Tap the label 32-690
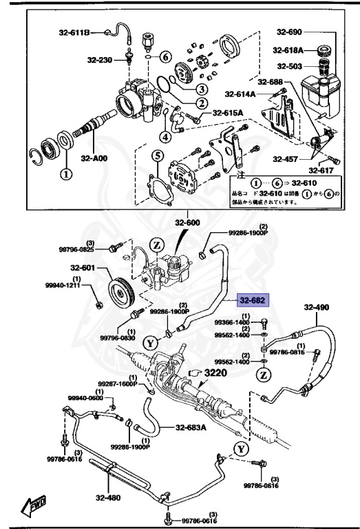pyautogui.click(x=290, y=32)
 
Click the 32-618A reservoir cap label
pyautogui.click(x=288, y=50)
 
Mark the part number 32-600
pyautogui.click(x=187, y=222)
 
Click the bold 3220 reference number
pyautogui.click(x=222, y=373)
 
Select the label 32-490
pyautogui.click(x=317, y=308)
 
